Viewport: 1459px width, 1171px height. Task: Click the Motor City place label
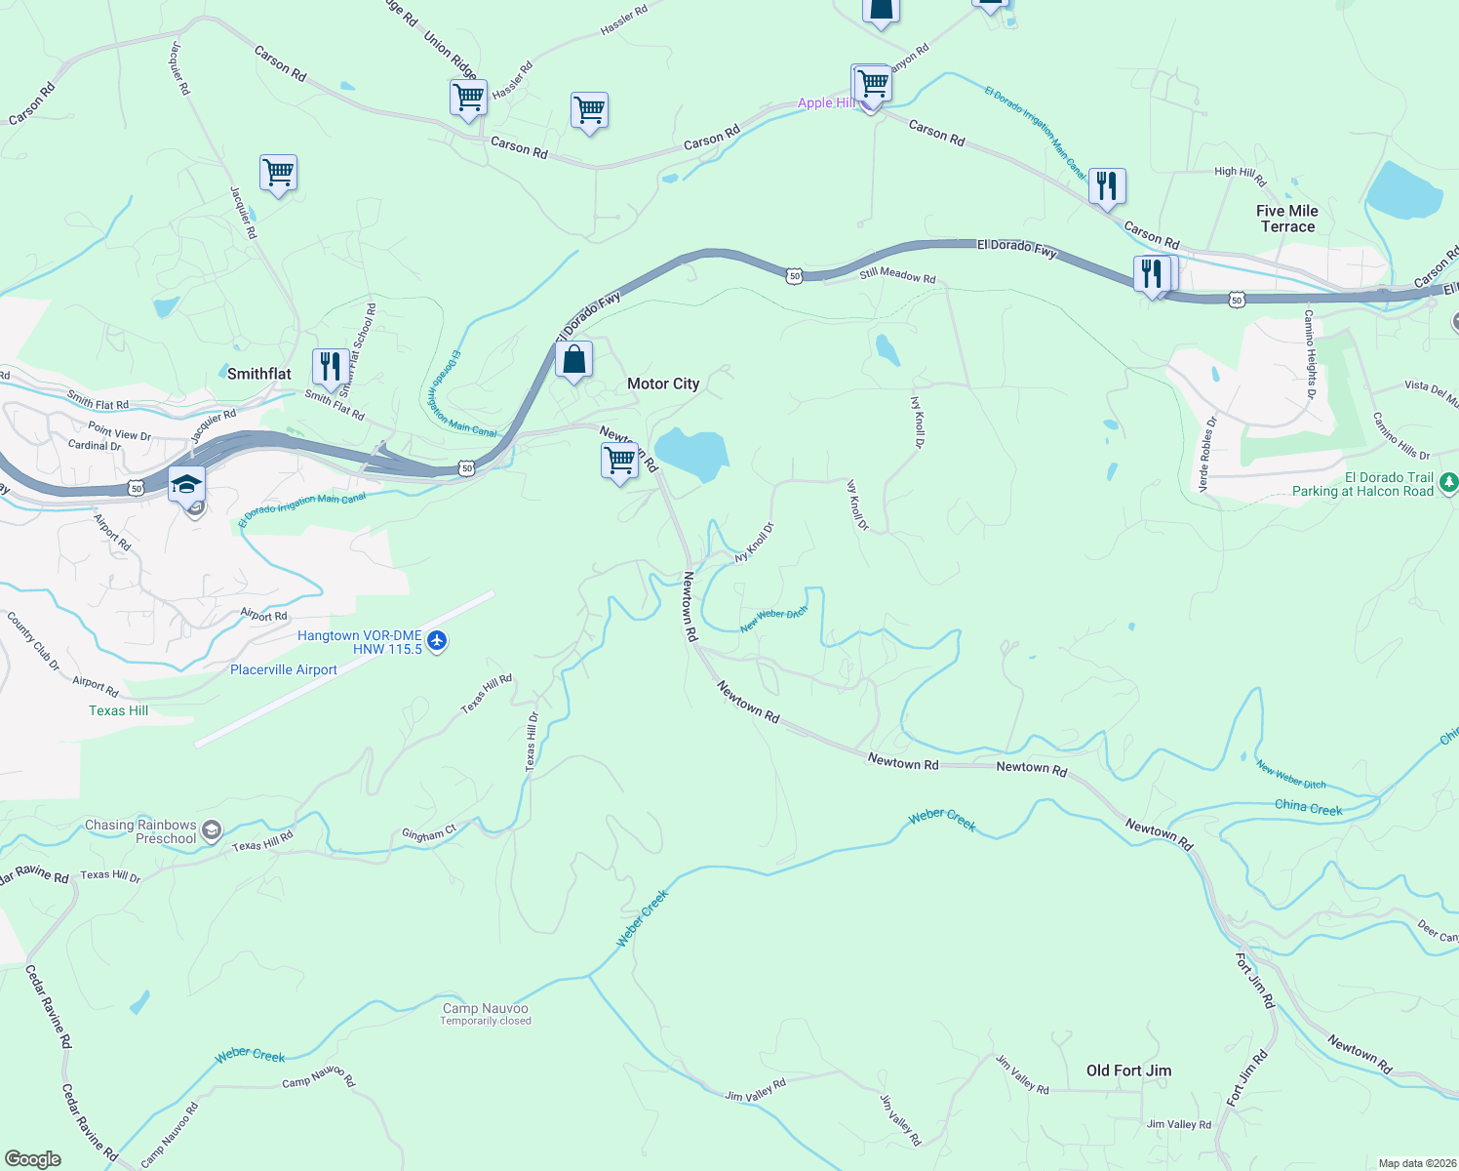[x=663, y=384]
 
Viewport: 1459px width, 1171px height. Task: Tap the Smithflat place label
[x=258, y=374]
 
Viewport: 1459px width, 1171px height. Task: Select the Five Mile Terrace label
[x=1286, y=219]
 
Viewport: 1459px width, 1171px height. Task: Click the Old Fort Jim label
[x=1128, y=1070]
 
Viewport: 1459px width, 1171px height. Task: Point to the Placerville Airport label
[x=284, y=669]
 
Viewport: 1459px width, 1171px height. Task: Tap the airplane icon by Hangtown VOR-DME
[x=437, y=641]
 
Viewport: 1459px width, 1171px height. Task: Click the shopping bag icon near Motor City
[x=574, y=360]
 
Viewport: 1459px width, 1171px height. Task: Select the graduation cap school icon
[x=186, y=484]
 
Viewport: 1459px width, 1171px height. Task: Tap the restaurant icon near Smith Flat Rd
[x=331, y=367]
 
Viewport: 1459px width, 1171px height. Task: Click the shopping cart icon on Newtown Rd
[x=620, y=460]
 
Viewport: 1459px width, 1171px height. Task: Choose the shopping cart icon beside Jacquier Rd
[x=278, y=174]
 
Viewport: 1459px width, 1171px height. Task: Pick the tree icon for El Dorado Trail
[x=1448, y=482]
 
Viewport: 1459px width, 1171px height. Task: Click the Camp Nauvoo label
[x=485, y=1009]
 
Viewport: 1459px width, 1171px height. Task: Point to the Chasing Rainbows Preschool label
[x=140, y=831]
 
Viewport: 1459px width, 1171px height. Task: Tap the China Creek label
[x=1308, y=807]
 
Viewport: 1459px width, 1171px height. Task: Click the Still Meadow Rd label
[x=897, y=276]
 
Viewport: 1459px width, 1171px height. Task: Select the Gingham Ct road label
[x=429, y=834]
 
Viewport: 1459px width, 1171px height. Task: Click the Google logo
[x=33, y=1158]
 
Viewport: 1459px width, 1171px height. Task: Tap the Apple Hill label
[x=826, y=102]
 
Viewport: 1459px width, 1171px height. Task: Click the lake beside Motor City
[x=691, y=453]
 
